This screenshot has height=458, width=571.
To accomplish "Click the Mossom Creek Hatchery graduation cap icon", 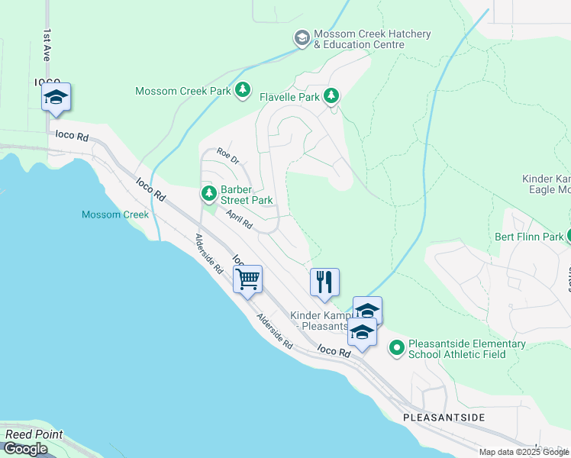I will click(x=302, y=37).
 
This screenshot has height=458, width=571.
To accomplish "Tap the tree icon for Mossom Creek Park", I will click(x=243, y=91).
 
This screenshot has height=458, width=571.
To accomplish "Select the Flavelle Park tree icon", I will click(x=331, y=96).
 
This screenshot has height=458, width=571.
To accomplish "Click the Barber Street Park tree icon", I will click(x=208, y=194).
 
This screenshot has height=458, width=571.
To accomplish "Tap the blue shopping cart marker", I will click(x=248, y=279).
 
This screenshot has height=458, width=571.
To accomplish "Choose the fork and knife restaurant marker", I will click(x=324, y=282).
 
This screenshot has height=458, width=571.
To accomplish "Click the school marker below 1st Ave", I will click(x=56, y=97).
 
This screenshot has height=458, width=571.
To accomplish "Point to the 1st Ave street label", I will click(x=47, y=46).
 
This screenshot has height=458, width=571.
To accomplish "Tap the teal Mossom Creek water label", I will click(x=115, y=214).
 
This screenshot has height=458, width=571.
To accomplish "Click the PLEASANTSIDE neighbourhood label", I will click(x=444, y=418).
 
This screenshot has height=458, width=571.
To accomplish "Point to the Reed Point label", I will click(x=34, y=434).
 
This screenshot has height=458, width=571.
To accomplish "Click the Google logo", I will click(x=25, y=449).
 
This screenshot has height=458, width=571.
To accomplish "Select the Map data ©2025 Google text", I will click(x=523, y=452).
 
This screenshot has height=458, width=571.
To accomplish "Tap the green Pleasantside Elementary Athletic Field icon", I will click(x=396, y=349).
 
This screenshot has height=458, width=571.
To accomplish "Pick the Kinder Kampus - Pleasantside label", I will click(x=321, y=321).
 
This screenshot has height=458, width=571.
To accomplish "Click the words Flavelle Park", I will click(x=289, y=97).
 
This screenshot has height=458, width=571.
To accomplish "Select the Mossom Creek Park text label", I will click(x=182, y=91).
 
